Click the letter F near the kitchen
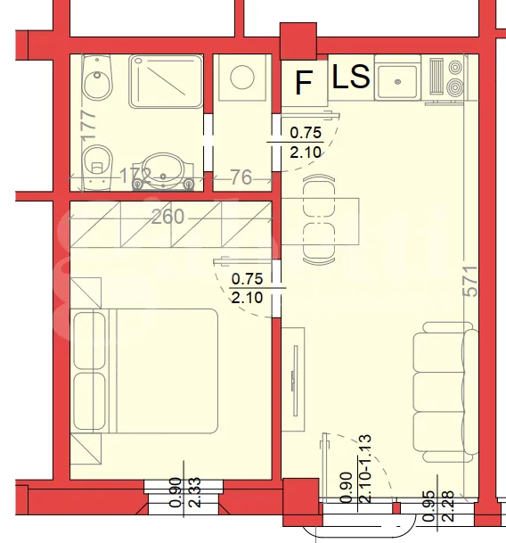[x=304, y=82]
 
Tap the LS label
[x=351, y=76]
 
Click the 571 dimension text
[x=470, y=281]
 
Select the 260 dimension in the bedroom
[x=167, y=218]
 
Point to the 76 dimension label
[x=241, y=177]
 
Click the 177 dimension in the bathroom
[x=89, y=125]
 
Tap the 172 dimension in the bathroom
[x=135, y=176]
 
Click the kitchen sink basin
[x=397, y=82]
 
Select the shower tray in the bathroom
[x=166, y=82]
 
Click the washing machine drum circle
[x=242, y=77]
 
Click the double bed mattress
[x=163, y=371]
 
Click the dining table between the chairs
[x=320, y=221]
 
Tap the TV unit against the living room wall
[x=293, y=380]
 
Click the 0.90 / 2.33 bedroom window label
[x=184, y=492]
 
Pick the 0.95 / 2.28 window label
[x=438, y=506]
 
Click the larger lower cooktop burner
[x=455, y=86]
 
